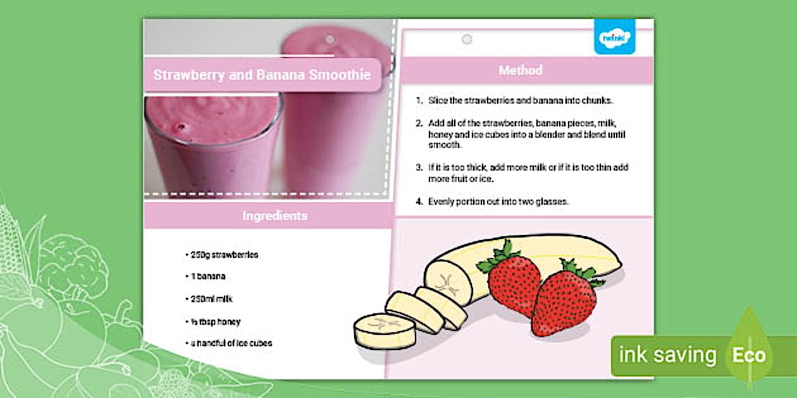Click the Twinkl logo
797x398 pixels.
[614, 37]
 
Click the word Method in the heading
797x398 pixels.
[521, 70]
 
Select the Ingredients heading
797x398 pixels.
[275, 216]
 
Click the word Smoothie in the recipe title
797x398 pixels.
[340, 75]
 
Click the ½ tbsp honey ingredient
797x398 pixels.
[213, 322]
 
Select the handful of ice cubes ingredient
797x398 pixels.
[228, 343]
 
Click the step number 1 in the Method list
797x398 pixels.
[419, 100]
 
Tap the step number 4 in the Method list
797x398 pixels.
[419, 202]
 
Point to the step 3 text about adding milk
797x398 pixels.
[528, 173]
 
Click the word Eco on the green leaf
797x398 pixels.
[749, 355]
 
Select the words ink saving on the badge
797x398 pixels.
[667, 355]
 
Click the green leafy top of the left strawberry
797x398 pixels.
[500, 256]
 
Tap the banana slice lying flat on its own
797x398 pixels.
[384, 330]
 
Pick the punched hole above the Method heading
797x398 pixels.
[467, 39]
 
